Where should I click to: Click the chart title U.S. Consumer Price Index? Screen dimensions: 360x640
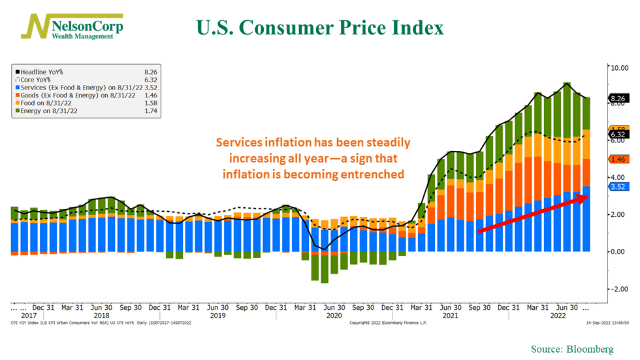[320, 28]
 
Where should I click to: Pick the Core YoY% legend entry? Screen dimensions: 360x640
[37, 80]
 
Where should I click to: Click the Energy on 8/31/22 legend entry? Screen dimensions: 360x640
[49, 112]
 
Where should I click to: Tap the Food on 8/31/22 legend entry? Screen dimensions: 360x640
[46, 104]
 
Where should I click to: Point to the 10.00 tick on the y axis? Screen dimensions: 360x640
[618, 67]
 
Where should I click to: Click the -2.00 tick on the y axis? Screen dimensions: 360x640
[618, 289]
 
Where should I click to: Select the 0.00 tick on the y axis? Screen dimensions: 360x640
[618, 252]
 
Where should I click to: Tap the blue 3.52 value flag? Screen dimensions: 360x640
[618, 186]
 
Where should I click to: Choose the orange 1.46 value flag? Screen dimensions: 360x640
[618, 159]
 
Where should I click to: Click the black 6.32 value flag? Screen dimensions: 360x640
[618, 135]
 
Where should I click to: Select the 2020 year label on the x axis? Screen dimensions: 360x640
[334, 316]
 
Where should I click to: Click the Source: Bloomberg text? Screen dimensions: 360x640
[572, 350]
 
